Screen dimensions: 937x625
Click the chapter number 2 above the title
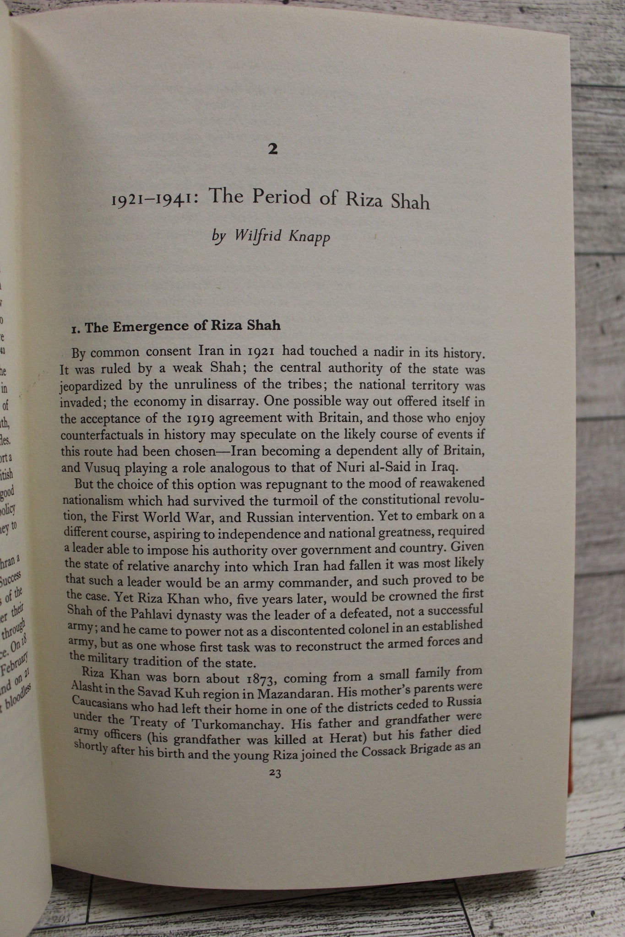(272, 150)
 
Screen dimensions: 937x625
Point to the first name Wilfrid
(255, 237)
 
